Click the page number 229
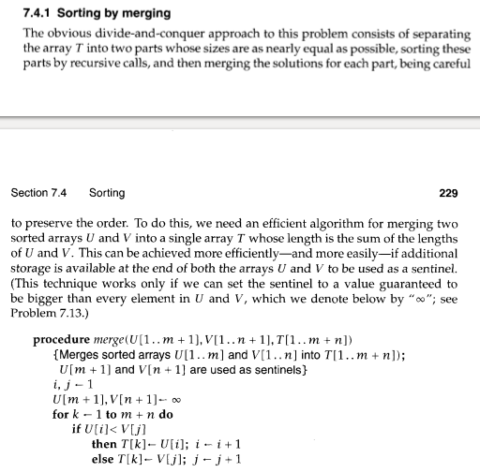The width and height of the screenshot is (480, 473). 448,194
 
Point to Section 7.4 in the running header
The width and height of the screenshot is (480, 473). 38,194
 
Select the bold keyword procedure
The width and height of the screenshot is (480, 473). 63,338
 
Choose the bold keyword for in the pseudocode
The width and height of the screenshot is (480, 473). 62,414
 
